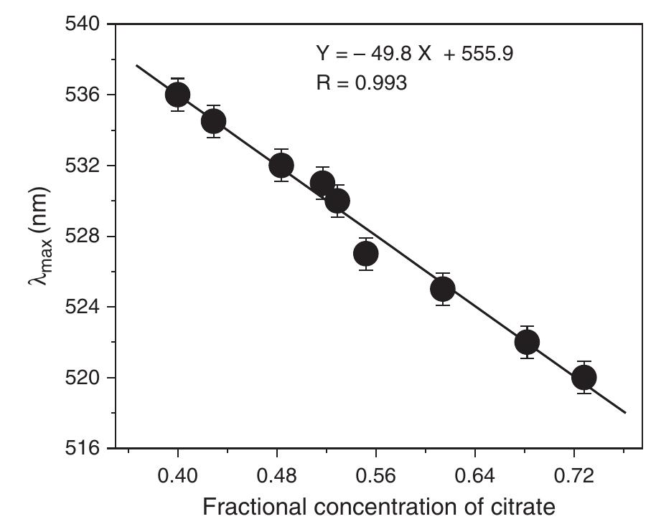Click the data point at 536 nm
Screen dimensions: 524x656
coord(177,95)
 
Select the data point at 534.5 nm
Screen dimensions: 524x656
coord(213,121)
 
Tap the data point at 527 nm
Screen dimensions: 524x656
coord(366,254)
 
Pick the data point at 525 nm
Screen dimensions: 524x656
coord(443,289)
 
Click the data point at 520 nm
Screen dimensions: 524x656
coord(584,377)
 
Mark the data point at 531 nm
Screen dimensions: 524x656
coord(323,184)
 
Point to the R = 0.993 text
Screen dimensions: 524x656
coord(362,83)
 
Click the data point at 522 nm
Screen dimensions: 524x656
coord(527,342)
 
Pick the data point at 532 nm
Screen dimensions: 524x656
coord(281,166)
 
